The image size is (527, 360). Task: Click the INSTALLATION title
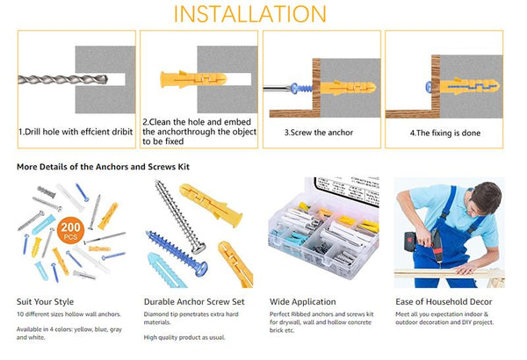(263, 14)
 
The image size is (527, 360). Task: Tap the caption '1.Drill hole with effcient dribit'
(75, 133)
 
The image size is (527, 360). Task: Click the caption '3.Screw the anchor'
(319, 133)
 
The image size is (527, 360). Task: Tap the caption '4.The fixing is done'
(444, 133)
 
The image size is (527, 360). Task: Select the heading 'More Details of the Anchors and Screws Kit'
(104, 166)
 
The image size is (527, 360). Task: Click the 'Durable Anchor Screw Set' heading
(194, 301)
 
